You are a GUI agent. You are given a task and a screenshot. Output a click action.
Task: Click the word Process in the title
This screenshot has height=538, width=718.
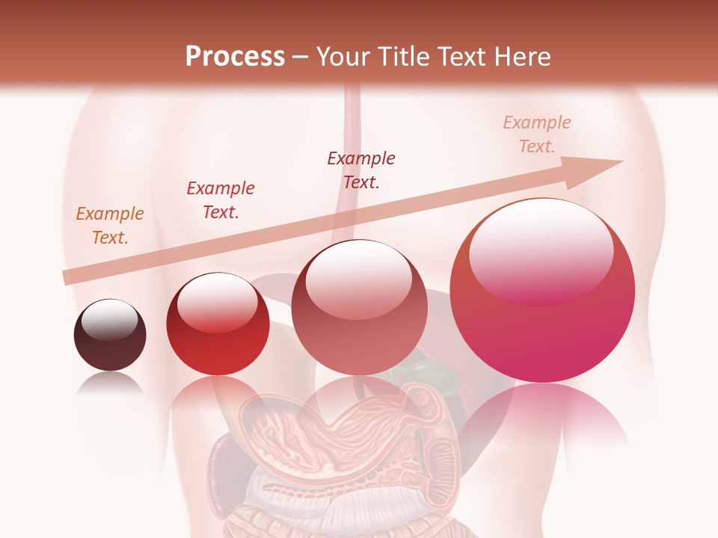click(235, 57)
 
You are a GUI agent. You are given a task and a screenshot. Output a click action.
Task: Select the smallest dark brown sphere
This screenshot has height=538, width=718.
click(110, 336)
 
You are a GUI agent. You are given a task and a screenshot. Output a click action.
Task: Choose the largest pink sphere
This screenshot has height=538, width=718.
click(542, 291)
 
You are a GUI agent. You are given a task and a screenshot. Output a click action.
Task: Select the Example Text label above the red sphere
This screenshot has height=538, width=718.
click(220, 200)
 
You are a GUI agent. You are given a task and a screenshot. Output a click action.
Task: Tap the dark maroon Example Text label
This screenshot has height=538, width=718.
click(360, 170)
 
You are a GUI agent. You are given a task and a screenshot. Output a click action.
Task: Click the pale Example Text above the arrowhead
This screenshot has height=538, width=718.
click(536, 134)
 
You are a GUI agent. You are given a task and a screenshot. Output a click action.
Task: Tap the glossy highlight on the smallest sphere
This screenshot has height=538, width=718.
click(109, 320)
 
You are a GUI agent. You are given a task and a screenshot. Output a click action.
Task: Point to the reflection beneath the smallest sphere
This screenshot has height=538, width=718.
click(110, 384)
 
